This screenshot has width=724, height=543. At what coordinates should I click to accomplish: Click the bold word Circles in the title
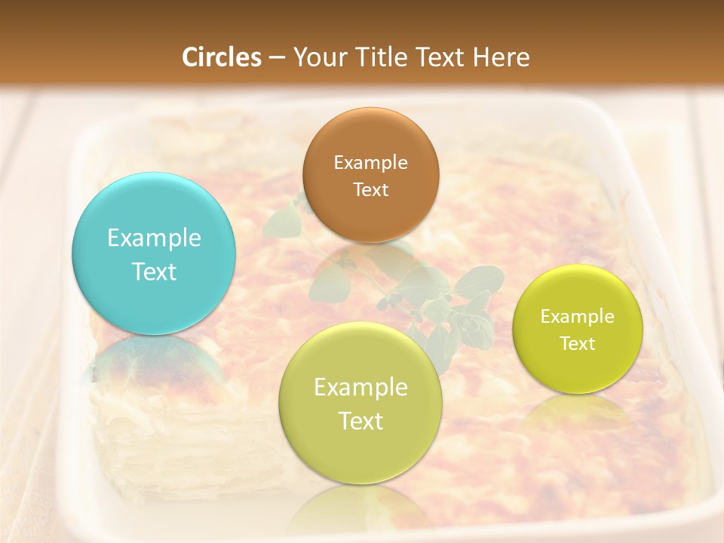(221, 57)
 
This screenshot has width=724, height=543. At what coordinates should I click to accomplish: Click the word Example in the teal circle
(154, 238)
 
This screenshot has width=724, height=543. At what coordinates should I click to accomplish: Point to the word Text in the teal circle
(154, 271)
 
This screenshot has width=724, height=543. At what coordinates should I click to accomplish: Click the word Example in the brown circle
(370, 162)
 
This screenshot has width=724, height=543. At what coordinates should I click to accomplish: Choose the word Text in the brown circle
(370, 189)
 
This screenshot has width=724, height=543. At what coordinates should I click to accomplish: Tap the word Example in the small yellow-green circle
(577, 316)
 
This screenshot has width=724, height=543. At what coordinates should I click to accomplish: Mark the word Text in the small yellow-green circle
(577, 343)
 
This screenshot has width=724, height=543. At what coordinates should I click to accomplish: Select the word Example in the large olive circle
(360, 388)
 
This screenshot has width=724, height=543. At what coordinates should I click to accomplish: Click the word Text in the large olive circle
(360, 421)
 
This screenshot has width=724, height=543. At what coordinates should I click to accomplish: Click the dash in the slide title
(277, 57)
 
